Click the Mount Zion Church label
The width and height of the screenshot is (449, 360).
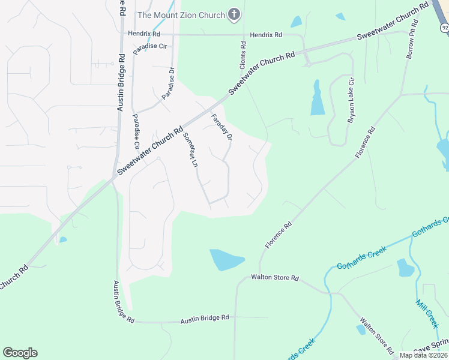[x=181, y=15]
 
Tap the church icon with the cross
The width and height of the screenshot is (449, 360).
[x=234, y=14]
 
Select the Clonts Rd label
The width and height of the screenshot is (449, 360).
[x=243, y=52]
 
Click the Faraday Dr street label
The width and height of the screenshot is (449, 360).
[x=221, y=127]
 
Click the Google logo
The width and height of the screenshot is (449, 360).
[x=20, y=353]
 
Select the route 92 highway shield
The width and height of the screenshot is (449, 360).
[x=443, y=27]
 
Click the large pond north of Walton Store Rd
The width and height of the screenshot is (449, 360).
[x=226, y=260]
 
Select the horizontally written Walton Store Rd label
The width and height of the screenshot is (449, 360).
[x=274, y=278]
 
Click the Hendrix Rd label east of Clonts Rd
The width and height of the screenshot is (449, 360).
[x=266, y=35]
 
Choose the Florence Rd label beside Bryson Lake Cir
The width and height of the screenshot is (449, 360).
[x=366, y=142]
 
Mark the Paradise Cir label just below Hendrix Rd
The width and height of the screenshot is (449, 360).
[x=149, y=46]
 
